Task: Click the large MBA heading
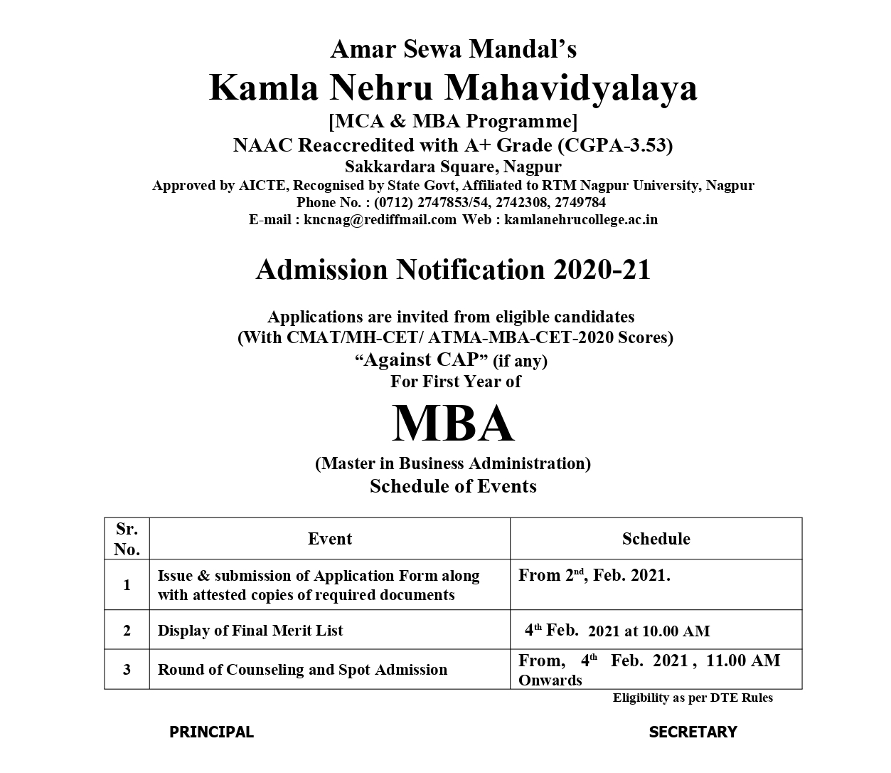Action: pyautogui.click(x=453, y=424)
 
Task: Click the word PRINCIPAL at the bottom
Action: pyautogui.click(x=211, y=732)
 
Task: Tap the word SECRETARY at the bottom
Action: pyautogui.click(x=693, y=732)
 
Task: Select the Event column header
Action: pyautogui.click(x=329, y=539)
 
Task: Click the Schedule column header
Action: pyautogui.click(x=656, y=539)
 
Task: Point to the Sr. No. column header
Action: pyautogui.click(x=127, y=539)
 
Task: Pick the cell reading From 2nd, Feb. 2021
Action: pyautogui.click(x=594, y=576)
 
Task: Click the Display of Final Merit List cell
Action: pyautogui.click(x=250, y=630)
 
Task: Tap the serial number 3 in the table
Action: pyautogui.click(x=127, y=669)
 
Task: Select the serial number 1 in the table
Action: pyautogui.click(x=127, y=585)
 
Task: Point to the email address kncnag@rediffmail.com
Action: pyautogui.click(x=380, y=219)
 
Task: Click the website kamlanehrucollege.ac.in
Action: pyautogui.click(x=581, y=219)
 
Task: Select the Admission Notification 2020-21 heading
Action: pyautogui.click(x=453, y=270)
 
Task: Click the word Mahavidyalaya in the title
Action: pyautogui.click(x=571, y=88)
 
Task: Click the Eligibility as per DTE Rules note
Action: pyautogui.click(x=693, y=698)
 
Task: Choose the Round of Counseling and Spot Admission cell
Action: pyautogui.click(x=302, y=669)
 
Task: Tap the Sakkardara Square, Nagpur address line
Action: pyautogui.click(x=453, y=167)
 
